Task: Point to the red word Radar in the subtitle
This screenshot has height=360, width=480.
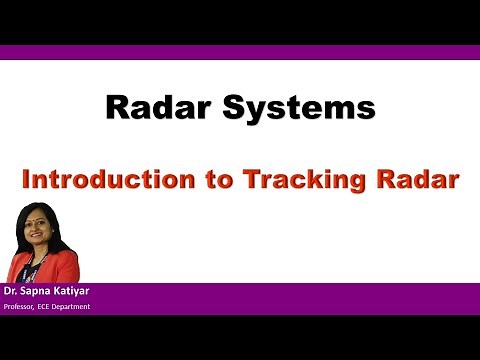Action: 413,181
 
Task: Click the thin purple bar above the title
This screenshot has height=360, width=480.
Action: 240,52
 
